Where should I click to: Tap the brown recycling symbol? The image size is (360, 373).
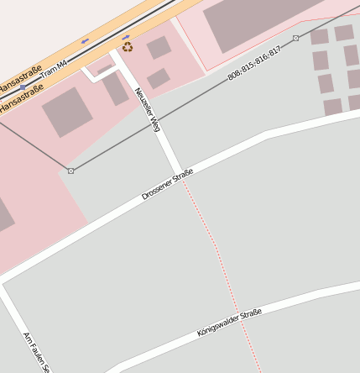[x=127, y=48]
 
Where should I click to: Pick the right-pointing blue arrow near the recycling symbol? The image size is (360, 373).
[x=126, y=37]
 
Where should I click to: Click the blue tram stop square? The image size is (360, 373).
[x=23, y=87]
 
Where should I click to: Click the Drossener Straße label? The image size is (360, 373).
[x=168, y=184]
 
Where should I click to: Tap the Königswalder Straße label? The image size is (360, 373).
[x=229, y=323]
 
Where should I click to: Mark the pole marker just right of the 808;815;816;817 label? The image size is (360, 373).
[x=295, y=38]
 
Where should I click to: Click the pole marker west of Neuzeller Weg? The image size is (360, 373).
[x=70, y=171]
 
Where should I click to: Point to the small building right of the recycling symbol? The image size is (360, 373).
[x=159, y=48]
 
